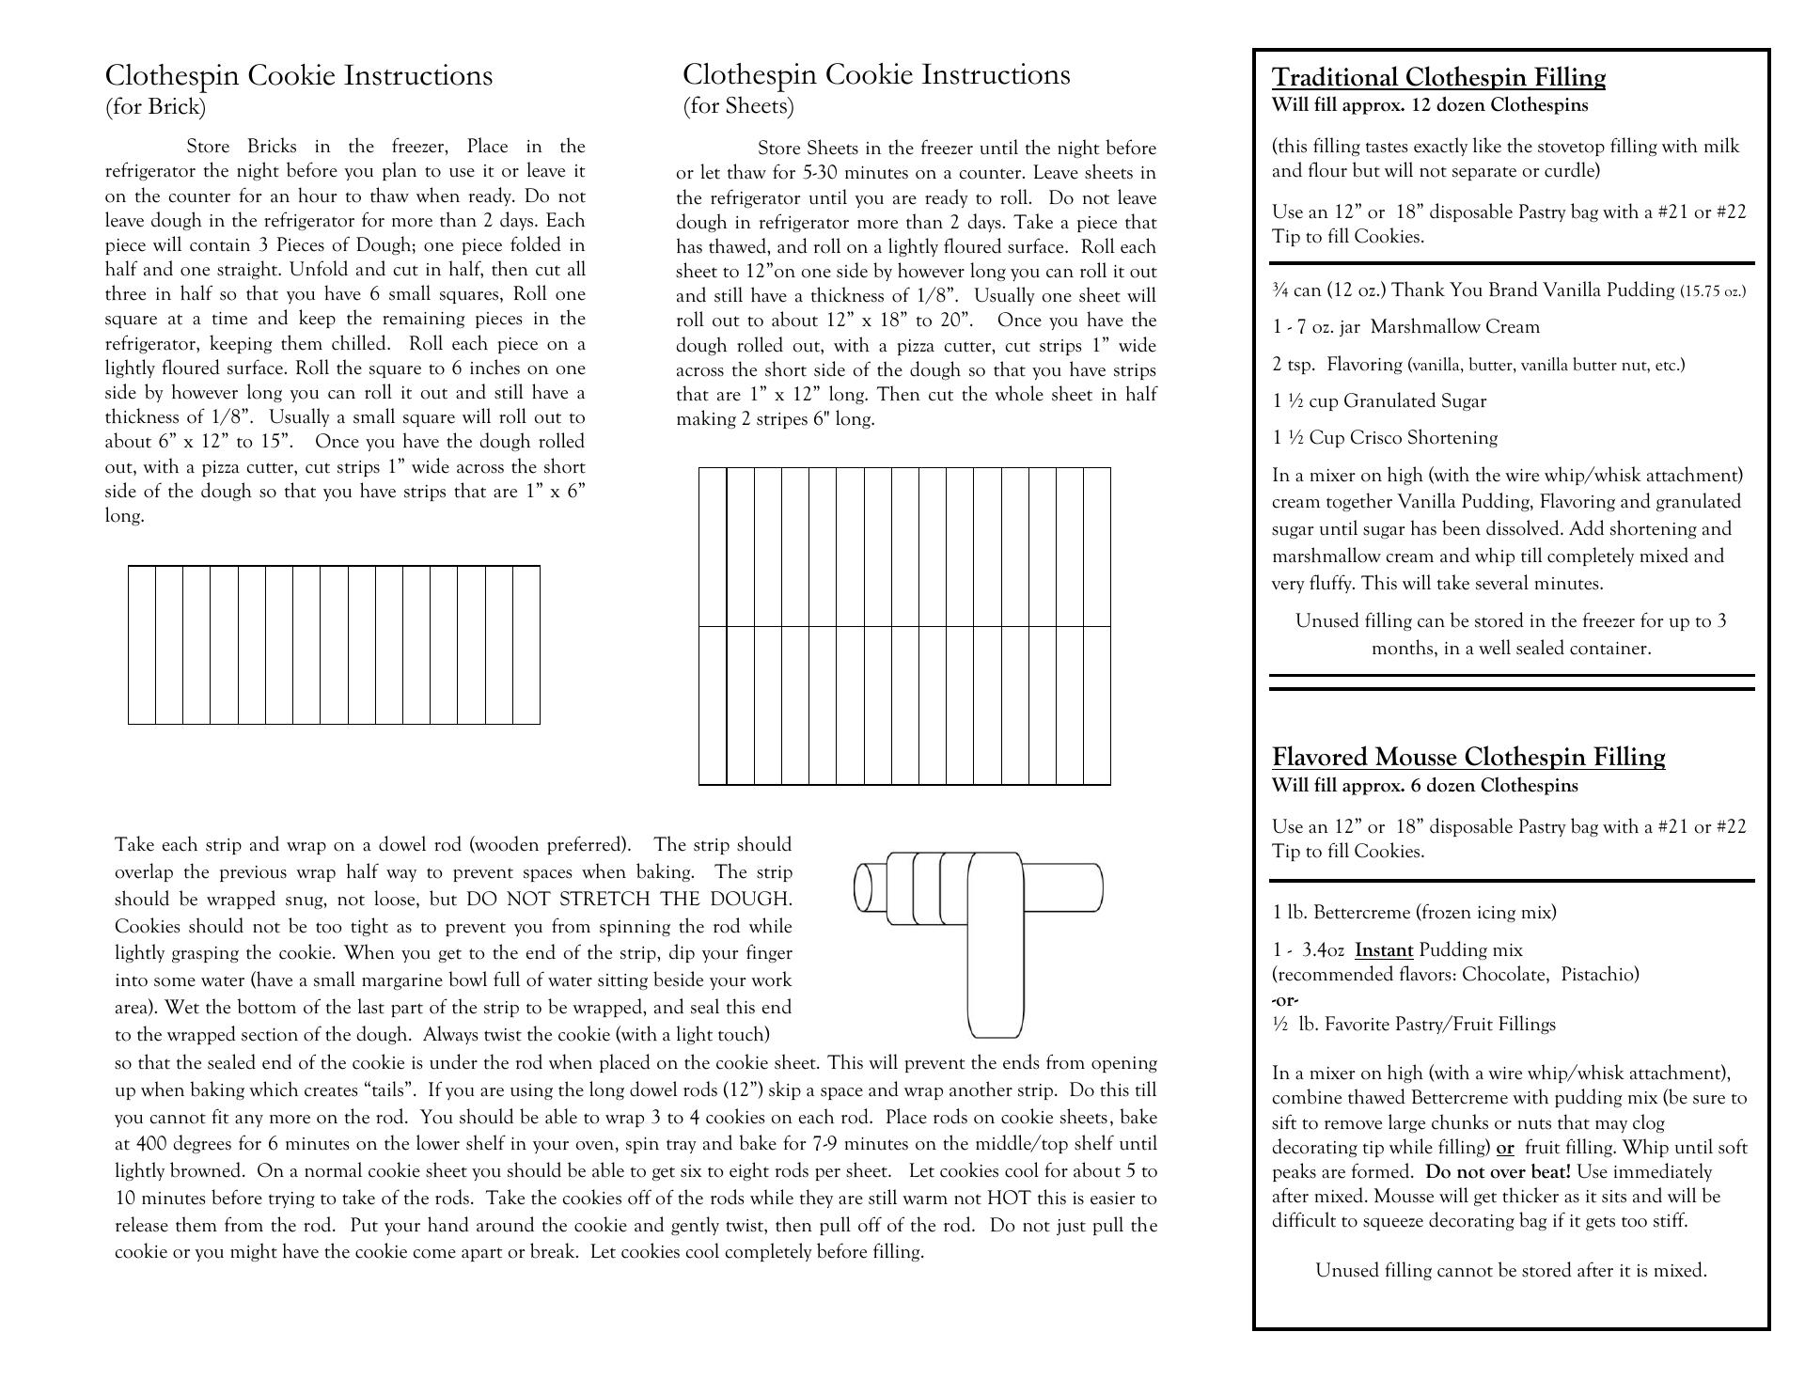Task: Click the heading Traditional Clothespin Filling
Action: coord(1438,77)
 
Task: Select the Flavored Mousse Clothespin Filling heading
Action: coord(1468,757)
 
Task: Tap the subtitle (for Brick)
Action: coord(155,106)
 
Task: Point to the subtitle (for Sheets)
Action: coord(738,105)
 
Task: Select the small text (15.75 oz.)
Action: coord(1713,290)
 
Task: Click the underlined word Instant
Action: coord(1384,950)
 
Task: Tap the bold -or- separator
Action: coord(1285,1000)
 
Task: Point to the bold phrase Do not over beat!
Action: coord(1498,1172)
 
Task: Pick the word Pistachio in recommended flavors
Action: coord(1599,975)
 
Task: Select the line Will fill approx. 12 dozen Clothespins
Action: coord(1429,105)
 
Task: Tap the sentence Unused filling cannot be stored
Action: coord(1510,1271)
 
